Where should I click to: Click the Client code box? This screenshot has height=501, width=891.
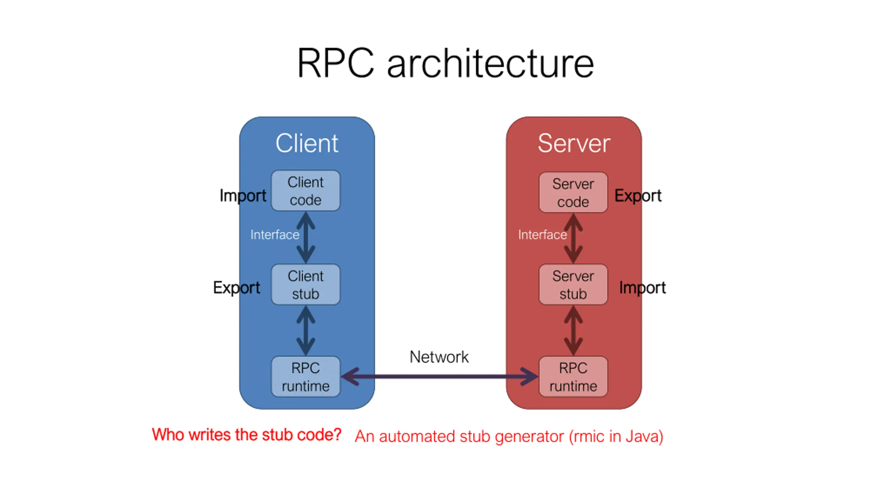click(x=306, y=191)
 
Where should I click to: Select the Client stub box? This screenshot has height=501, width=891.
click(x=306, y=285)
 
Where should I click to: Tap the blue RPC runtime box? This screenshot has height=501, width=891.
click(x=306, y=376)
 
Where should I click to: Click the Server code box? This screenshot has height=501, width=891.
click(x=573, y=192)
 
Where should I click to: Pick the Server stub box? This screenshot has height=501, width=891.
click(x=573, y=285)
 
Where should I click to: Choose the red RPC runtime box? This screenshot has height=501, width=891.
click(x=573, y=376)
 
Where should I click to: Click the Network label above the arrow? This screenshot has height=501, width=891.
click(x=439, y=357)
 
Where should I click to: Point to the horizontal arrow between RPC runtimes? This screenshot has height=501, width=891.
click(x=439, y=376)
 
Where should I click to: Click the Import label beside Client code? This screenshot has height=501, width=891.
click(x=243, y=196)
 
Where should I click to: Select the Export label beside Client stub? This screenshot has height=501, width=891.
click(x=236, y=288)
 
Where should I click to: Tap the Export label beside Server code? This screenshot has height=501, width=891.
click(x=638, y=196)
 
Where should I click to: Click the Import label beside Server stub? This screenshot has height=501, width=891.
click(x=642, y=288)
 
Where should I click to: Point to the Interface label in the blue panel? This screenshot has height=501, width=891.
click(x=275, y=235)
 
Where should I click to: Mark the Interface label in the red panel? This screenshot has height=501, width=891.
click(x=542, y=235)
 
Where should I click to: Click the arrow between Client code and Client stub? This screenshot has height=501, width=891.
click(x=306, y=238)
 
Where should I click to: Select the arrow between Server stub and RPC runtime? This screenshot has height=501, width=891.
click(x=573, y=331)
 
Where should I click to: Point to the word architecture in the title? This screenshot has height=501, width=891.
click(x=490, y=63)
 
